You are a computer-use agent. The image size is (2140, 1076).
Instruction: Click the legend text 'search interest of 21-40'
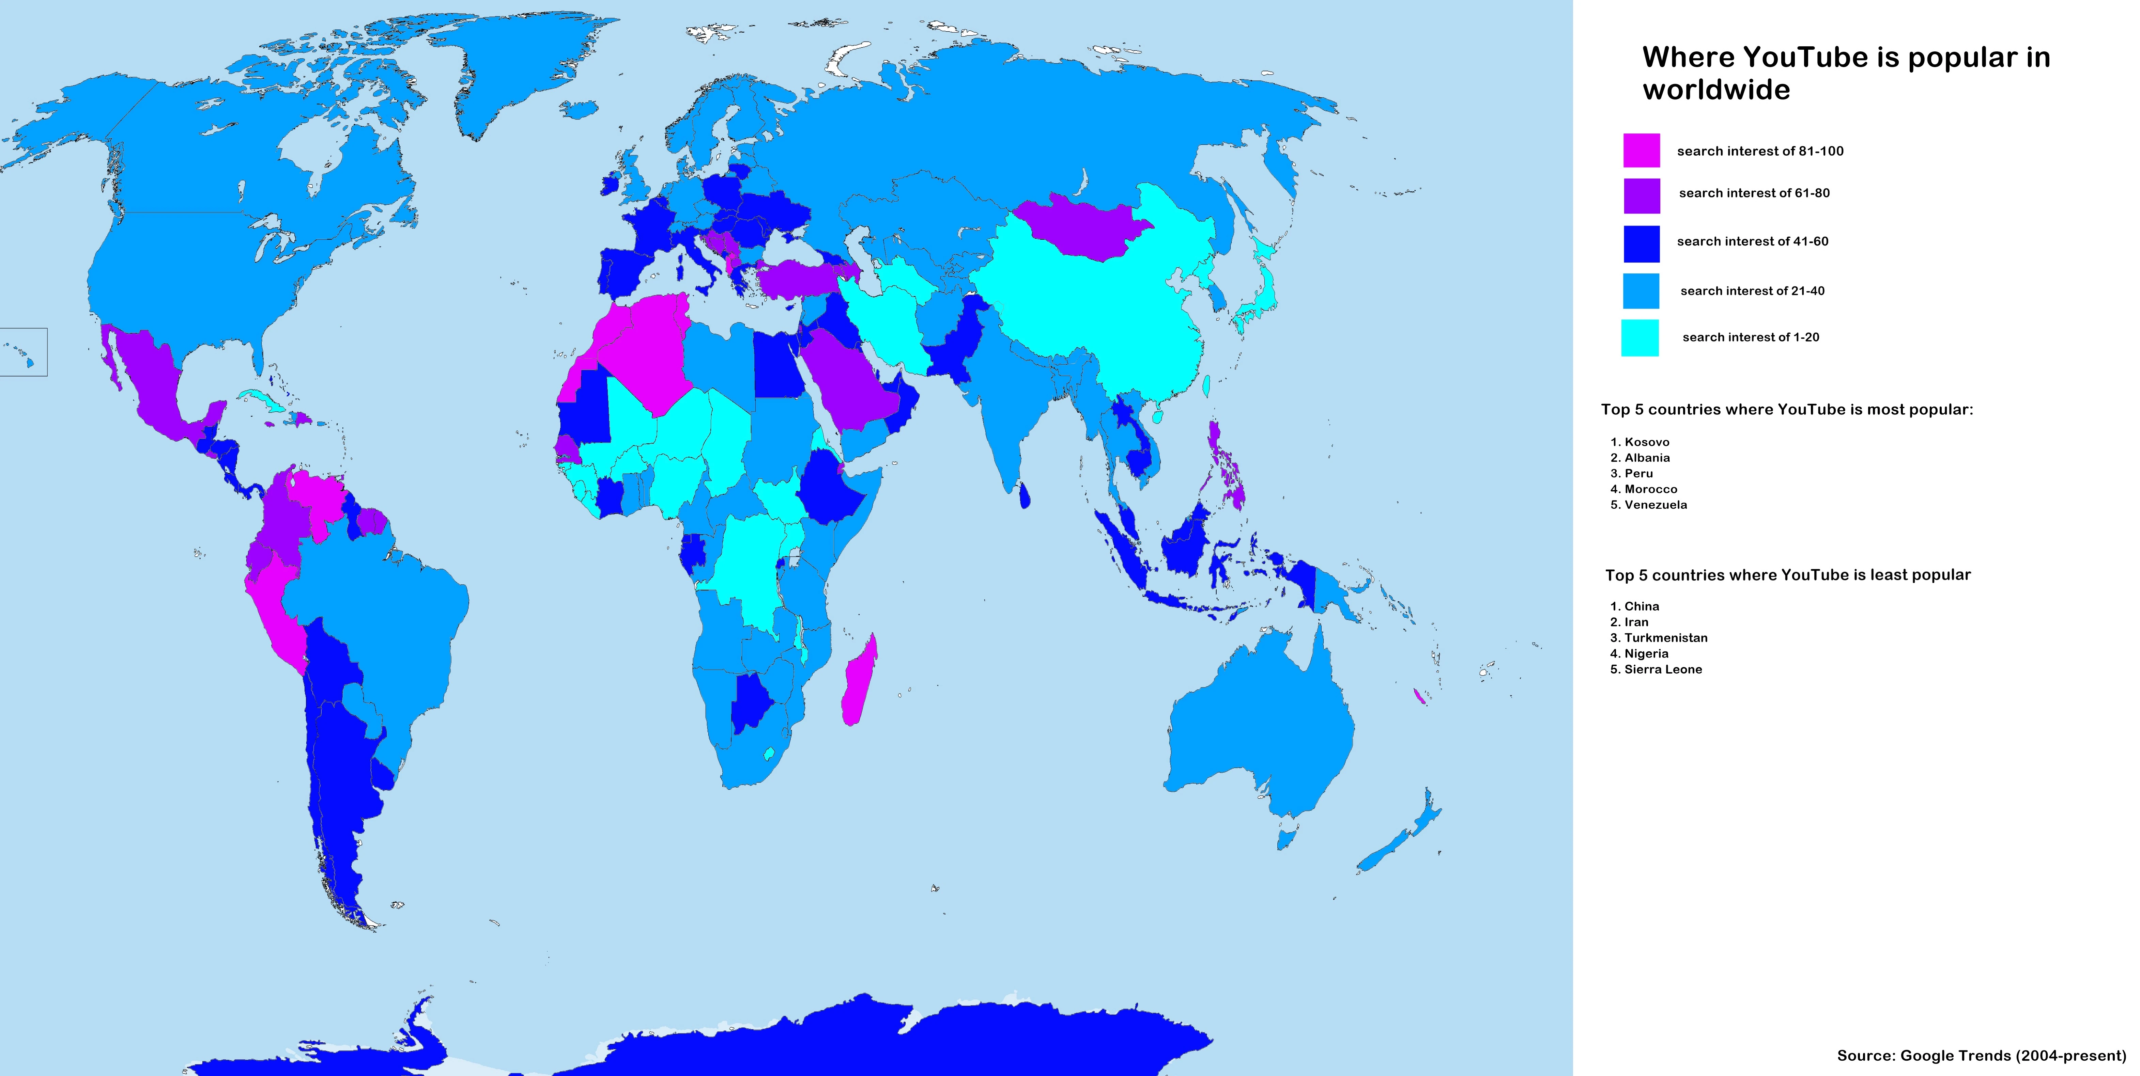pos(1752,290)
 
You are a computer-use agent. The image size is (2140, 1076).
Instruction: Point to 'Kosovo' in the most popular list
pos(1647,442)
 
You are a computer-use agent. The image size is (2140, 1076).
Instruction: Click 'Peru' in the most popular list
pos(1638,473)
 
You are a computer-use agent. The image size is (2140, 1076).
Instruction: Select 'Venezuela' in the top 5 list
pos(1655,505)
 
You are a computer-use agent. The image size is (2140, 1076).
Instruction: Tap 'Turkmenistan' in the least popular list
pos(1666,638)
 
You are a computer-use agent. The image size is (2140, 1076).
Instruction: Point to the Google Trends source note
pos(1981,1055)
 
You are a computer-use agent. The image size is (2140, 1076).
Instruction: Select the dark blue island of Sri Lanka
pos(1024,496)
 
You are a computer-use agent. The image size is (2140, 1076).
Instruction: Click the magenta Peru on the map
pos(278,614)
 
